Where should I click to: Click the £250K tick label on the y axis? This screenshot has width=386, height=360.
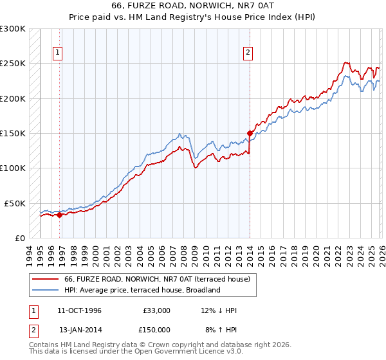(x=13, y=64)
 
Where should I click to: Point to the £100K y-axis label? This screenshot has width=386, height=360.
(x=13, y=168)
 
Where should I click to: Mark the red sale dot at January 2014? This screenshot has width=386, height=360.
(x=250, y=134)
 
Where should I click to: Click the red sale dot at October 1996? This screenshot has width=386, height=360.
(x=60, y=215)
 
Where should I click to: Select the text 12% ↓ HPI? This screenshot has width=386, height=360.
(x=219, y=310)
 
